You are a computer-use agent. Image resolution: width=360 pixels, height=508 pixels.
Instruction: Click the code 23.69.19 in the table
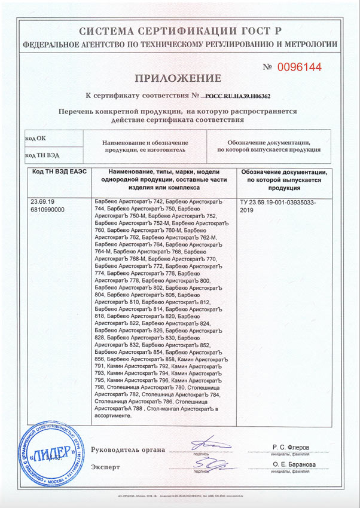41,202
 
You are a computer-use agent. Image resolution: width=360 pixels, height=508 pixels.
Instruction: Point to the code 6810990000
47,210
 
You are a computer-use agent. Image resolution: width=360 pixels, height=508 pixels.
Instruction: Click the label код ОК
35,138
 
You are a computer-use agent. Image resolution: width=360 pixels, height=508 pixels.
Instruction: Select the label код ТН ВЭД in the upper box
42,155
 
